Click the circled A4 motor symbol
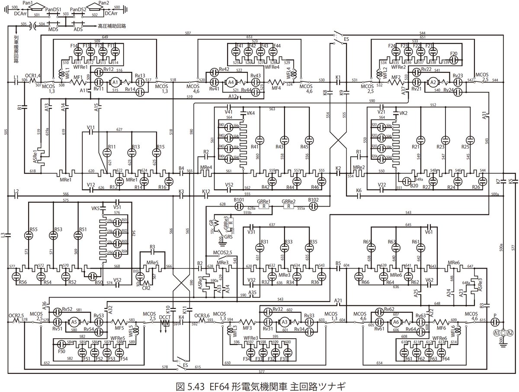(x=231, y=81)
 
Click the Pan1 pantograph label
(x=28, y=3)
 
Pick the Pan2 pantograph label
(x=104, y=3)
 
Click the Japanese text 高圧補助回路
(x=112, y=26)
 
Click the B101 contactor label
(x=239, y=201)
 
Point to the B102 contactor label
(x=313, y=201)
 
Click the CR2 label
(x=146, y=288)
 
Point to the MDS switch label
(x=54, y=29)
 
